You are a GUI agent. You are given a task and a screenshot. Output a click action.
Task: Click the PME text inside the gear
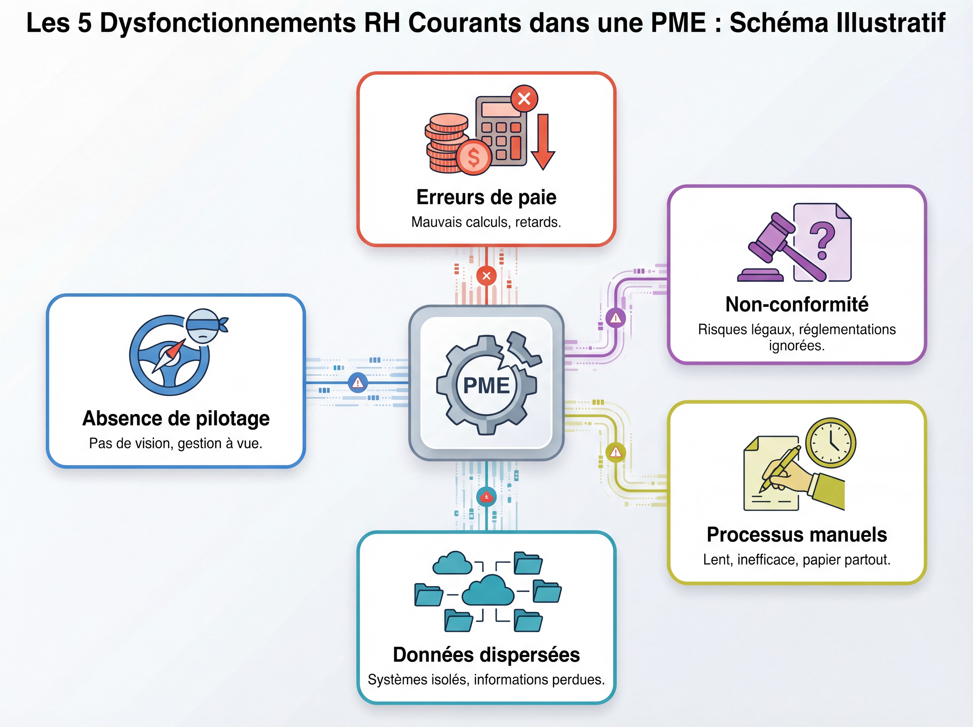(x=486, y=385)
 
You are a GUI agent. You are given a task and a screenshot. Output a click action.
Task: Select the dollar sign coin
(x=474, y=157)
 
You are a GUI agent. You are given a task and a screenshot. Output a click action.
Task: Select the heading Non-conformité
(x=797, y=304)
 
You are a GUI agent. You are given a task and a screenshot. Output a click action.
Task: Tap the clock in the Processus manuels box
(x=830, y=443)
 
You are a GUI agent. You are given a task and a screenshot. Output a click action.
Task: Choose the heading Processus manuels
(x=797, y=534)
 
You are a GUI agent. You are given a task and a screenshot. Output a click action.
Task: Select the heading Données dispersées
(x=486, y=654)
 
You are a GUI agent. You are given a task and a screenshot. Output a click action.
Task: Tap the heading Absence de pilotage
(x=176, y=418)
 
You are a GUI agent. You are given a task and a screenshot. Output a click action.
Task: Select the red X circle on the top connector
(x=486, y=276)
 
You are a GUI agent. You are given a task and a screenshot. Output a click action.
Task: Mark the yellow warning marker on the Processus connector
(x=616, y=452)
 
